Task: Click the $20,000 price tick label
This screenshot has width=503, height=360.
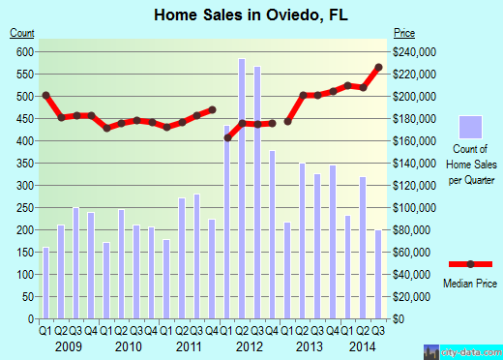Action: coord(410,297)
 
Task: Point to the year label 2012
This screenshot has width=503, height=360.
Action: coord(249,345)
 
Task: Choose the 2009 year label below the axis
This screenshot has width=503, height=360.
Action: coord(68,345)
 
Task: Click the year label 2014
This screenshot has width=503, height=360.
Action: coord(364,345)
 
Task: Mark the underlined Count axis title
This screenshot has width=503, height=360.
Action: coord(21,34)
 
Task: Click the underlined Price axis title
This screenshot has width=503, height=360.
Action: coord(402,34)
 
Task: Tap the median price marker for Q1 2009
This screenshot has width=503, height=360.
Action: coord(45,95)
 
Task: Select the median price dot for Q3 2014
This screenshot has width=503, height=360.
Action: coord(378,67)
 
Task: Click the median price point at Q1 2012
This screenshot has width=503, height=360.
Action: coord(227,137)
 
